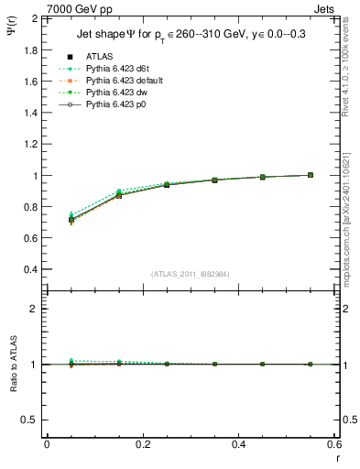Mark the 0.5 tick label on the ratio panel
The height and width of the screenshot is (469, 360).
30,420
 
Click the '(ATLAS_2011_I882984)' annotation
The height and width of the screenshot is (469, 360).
190,274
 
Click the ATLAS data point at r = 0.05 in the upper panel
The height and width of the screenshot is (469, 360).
71,220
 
